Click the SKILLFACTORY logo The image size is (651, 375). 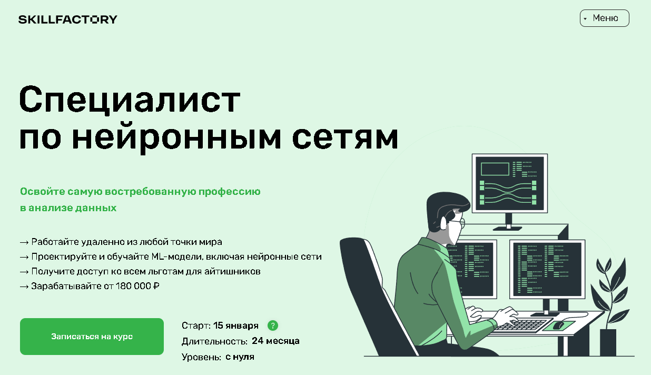tap(68, 19)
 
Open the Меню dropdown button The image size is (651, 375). tap(605, 18)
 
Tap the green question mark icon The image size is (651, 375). tap(273, 325)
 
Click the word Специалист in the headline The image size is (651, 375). tap(130, 100)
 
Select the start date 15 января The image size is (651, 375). tap(235, 325)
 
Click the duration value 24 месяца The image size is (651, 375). tap(275, 341)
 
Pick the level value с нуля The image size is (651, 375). tap(240, 357)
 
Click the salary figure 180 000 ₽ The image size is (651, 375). tap(137, 286)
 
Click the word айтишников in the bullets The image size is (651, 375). tap(232, 272)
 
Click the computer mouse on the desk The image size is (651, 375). tap(558, 325)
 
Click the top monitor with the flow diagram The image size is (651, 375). tap(510, 183)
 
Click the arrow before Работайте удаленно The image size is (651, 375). tap(24, 242)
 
